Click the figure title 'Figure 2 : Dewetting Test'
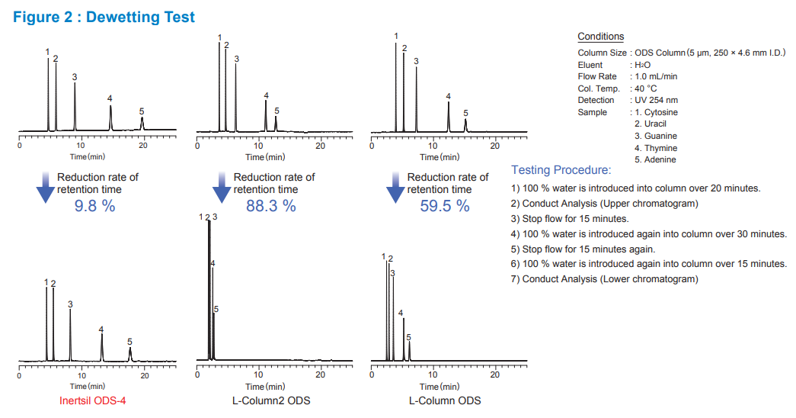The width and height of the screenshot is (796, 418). point(104,17)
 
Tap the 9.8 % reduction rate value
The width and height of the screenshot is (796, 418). point(94,205)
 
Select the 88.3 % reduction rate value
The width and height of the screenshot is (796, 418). point(270,205)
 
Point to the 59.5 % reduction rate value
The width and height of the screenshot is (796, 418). point(445,205)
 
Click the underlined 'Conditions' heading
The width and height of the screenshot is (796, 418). point(600,37)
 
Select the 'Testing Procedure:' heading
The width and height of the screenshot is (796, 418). point(561,170)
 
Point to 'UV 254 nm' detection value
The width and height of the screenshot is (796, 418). point(656,100)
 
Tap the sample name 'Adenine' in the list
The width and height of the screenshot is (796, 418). point(655,159)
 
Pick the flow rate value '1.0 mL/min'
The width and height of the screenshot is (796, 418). point(655,76)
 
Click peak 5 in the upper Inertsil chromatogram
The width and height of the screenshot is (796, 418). point(142,122)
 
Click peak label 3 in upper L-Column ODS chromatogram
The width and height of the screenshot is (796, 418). point(416,62)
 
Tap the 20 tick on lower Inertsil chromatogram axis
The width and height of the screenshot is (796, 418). point(145,375)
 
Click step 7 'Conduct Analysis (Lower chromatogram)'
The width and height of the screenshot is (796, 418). point(604,279)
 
